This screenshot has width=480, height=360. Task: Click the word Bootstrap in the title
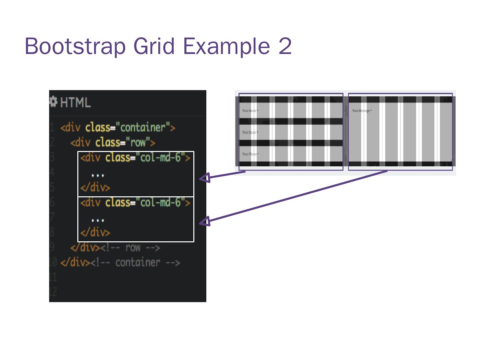[75, 46]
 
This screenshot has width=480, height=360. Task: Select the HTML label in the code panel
[75, 102]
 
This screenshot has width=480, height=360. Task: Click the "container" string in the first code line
[143, 128]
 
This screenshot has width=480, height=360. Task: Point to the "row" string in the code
[138, 143]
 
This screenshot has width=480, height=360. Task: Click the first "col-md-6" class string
[160, 157]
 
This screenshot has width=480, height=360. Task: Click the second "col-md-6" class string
[160, 202]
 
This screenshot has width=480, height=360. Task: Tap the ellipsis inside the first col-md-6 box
[98, 175]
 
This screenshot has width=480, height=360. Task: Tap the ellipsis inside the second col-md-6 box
[98, 220]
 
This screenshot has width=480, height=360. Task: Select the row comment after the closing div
[130, 248]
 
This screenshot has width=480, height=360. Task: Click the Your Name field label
[250, 111]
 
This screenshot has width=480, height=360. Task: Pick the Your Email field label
[250, 132]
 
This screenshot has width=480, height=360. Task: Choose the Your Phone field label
[250, 154]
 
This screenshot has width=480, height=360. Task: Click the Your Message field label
[362, 111]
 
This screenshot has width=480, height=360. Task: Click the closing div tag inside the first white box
[95, 187]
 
